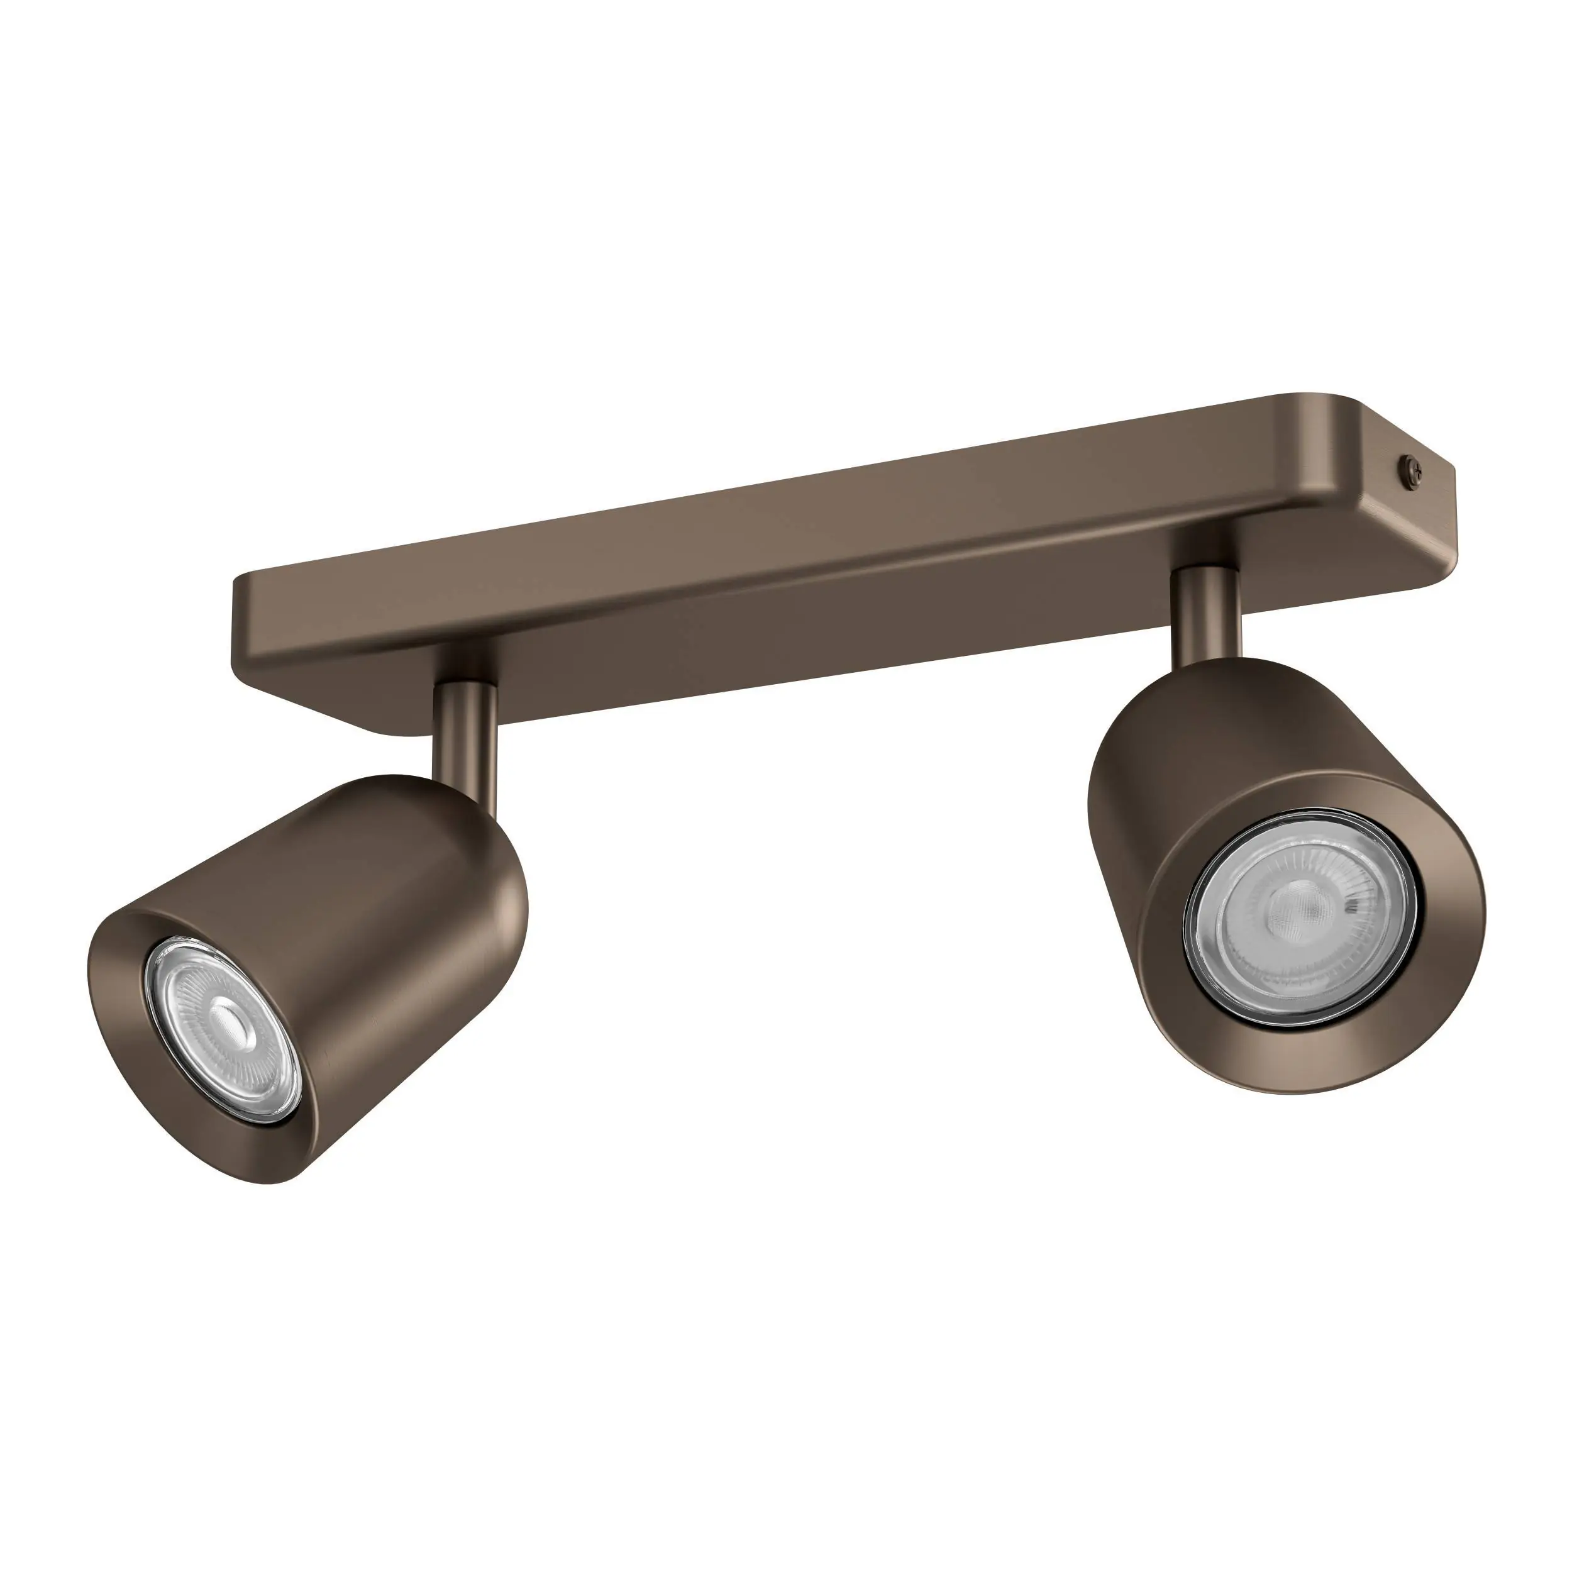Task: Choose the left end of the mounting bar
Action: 244,618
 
